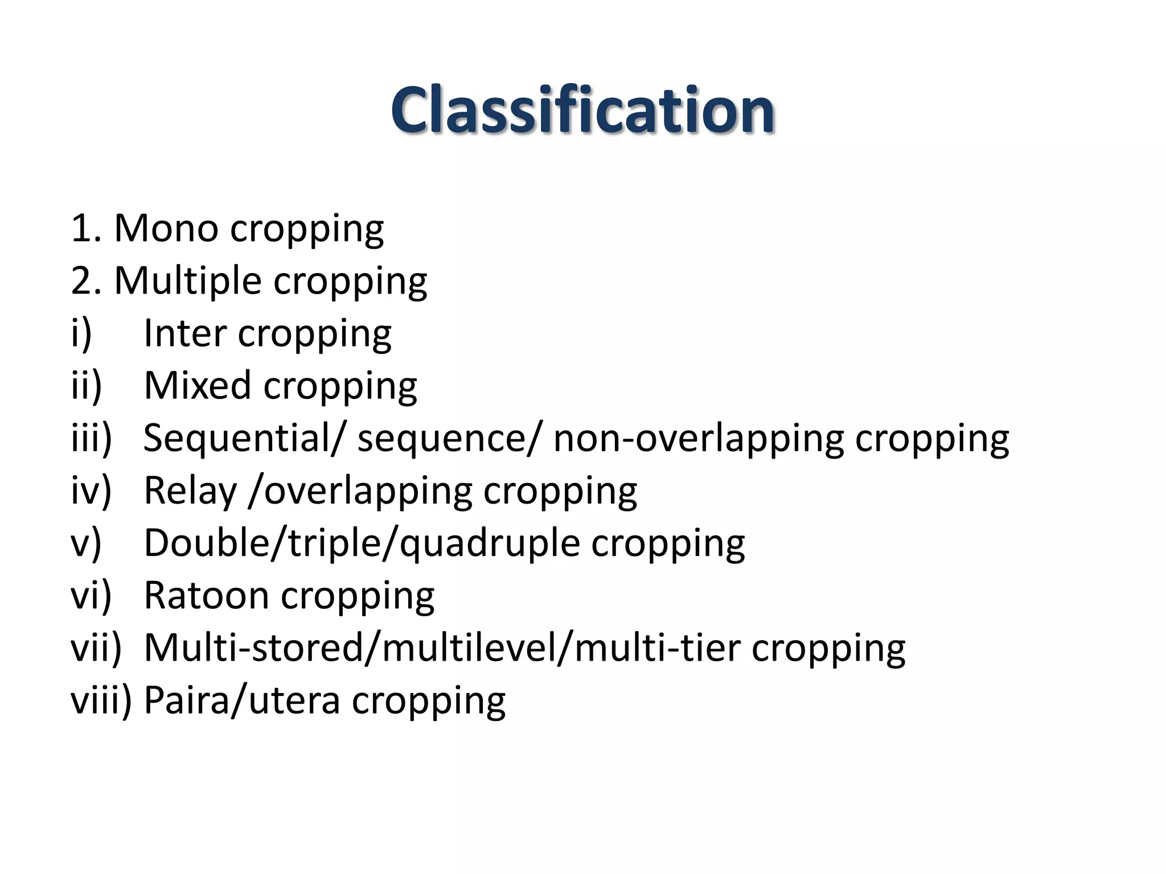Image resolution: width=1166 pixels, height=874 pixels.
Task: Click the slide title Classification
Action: [582, 109]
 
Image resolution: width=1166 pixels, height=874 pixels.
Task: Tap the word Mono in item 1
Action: [166, 228]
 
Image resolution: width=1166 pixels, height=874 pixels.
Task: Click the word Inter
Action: [184, 333]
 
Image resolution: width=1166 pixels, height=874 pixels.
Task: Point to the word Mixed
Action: [197, 385]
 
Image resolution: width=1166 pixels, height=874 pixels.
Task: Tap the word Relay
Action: [190, 490]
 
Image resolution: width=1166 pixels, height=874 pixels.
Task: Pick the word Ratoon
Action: [206, 595]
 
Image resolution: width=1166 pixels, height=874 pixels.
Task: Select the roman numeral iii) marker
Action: [91, 438]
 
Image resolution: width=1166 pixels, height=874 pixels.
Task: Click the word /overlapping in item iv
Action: [360, 490]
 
